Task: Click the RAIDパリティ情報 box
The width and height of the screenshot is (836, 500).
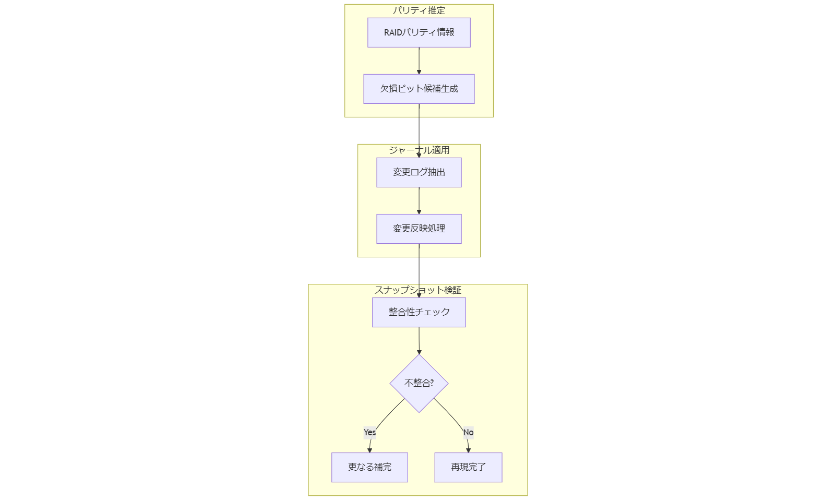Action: [x=419, y=32]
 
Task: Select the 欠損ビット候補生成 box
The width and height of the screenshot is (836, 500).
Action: [x=419, y=89]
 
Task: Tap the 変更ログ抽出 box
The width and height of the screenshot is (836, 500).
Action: [x=419, y=172]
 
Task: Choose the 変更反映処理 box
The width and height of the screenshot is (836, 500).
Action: [x=419, y=229]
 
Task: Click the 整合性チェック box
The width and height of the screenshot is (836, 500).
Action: [x=419, y=312]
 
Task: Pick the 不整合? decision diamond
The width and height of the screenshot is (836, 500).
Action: [x=419, y=383]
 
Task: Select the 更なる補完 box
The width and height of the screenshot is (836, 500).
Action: [x=369, y=467]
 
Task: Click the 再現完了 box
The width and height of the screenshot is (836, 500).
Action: [x=468, y=467]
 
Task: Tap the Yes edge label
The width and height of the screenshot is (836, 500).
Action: [x=369, y=432]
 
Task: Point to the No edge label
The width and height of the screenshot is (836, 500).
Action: [x=468, y=432]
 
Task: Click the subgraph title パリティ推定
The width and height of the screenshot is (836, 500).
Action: [x=419, y=10]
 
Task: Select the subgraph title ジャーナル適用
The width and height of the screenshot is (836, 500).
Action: [x=419, y=150]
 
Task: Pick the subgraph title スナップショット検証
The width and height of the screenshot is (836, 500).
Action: [x=417, y=290]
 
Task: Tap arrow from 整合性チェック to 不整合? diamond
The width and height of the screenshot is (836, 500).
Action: [x=419, y=340]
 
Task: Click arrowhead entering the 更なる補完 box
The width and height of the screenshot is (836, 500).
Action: [x=369, y=450]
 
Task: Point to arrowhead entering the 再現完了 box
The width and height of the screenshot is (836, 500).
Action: [x=468, y=450]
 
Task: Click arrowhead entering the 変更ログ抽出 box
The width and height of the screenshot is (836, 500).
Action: [x=419, y=155]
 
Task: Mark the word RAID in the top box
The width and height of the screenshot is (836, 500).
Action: [x=393, y=32]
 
